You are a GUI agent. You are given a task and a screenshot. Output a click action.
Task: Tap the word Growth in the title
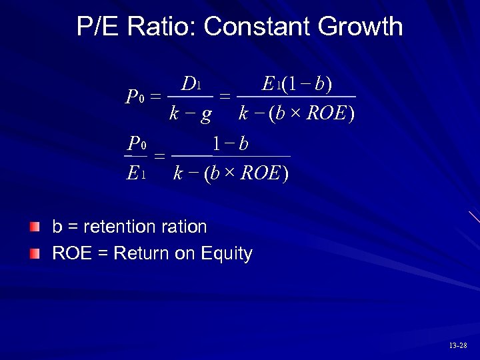pyautogui.click(x=361, y=27)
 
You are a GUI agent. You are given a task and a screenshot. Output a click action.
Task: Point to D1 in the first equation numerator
pyautogui.click(x=191, y=85)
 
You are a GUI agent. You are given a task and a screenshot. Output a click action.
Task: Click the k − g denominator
pyautogui.click(x=190, y=114)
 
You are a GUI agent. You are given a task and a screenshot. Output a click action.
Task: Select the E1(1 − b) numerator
pyautogui.click(x=297, y=84)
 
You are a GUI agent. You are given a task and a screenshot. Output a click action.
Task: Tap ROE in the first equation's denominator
pyautogui.click(x=327, y=114)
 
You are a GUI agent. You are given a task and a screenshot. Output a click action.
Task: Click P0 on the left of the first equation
pyautogui.click(x=135, y=98)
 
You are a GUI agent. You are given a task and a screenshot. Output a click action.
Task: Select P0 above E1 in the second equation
pyautogui.click(x=137, y=143)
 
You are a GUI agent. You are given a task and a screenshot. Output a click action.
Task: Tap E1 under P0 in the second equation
pyautogui.click(x=135, y=174)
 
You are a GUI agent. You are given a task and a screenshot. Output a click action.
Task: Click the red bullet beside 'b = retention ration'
pyautogui.click(x=35, y=227)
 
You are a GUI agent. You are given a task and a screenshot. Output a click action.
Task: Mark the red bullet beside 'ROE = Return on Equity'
pyautogui.click(x=35, y=254)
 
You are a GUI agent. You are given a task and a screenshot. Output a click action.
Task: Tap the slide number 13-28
pyautogui.click(x=458, y=345)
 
